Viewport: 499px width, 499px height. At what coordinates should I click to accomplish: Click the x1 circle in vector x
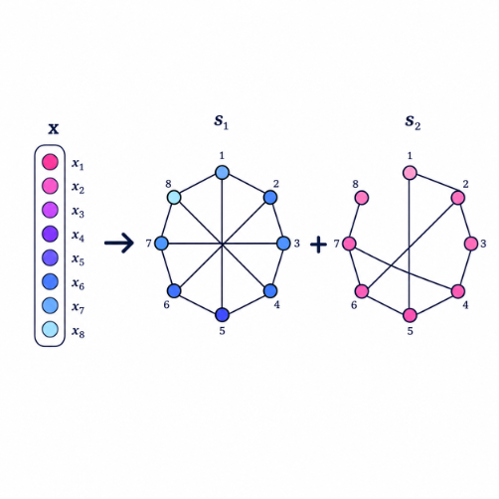pos(50,162)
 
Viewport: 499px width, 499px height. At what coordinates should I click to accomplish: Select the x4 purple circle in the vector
pos(50,234)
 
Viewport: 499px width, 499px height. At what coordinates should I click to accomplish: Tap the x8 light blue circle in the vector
pos(50,330)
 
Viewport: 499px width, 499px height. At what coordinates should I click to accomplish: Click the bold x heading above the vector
pos(54,128)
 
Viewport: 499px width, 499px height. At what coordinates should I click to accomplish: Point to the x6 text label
pos(79,284)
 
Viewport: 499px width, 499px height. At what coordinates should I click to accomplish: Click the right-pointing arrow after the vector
pos(119,244)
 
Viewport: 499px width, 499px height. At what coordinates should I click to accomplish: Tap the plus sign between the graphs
pos(318,245)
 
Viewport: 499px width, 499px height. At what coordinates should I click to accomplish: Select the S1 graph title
pos(221,121)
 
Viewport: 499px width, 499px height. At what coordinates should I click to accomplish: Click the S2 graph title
pos(413,122)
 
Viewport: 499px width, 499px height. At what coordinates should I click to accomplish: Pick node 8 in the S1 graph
pos(174,198)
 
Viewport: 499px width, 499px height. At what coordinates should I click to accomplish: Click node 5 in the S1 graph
pos(222,315)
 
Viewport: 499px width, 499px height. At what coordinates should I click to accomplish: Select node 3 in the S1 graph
pos(283,244)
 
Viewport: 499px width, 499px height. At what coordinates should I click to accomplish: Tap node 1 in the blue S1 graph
pos(222,173)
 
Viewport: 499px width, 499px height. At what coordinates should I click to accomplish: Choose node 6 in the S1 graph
pos(174,291)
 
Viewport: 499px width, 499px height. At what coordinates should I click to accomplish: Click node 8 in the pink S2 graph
pos(362,198)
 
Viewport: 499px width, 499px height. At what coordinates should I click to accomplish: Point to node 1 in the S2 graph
pos(410,173)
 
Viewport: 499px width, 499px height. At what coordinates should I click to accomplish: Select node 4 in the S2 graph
pos(458,291)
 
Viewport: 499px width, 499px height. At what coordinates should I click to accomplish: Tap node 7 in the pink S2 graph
pos(349,244)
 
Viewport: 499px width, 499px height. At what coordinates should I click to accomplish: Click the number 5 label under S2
pos(411,331)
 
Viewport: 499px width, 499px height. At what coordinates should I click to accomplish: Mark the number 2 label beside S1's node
pos(275,184)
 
